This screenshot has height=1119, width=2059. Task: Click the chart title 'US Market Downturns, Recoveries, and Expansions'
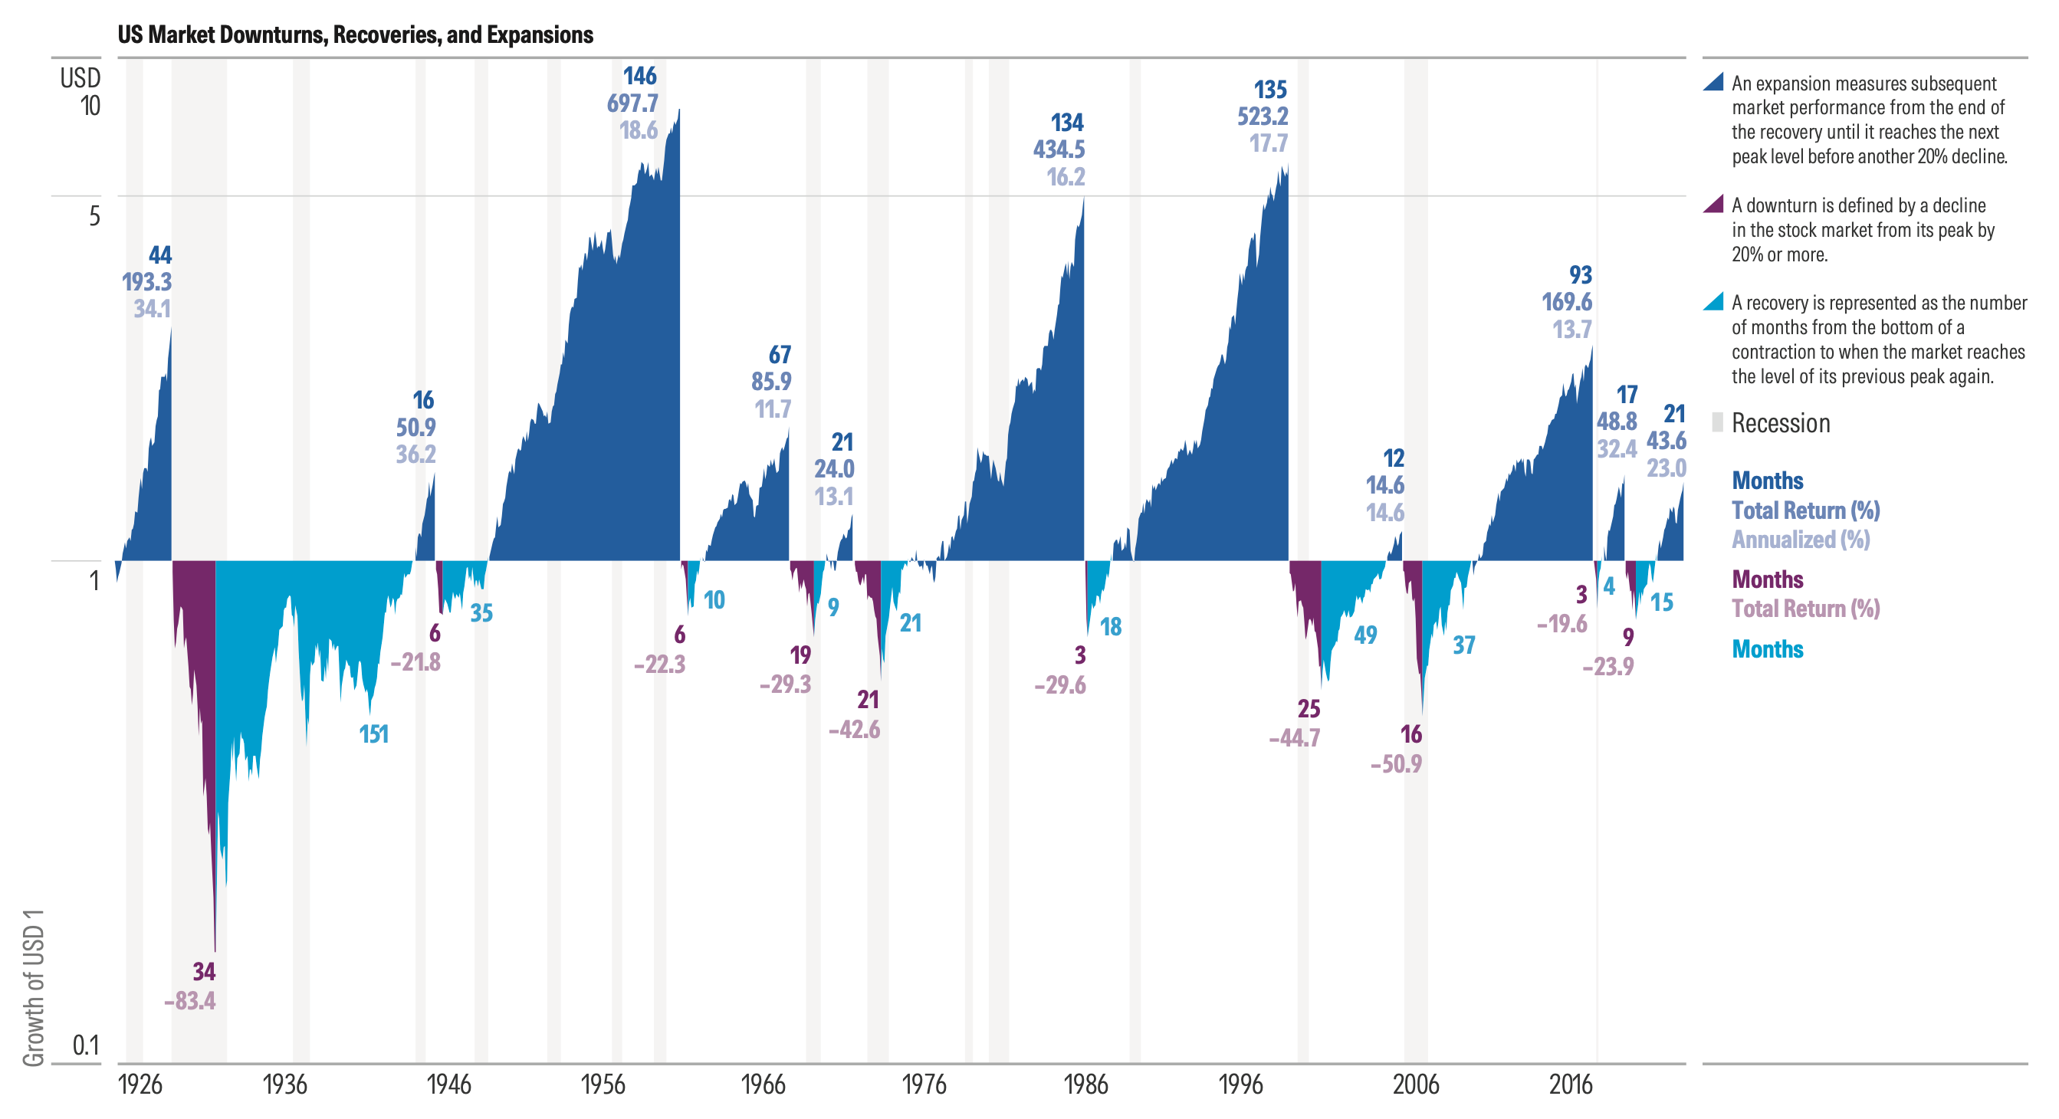point(355,35)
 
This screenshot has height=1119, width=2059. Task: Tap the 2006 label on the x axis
point(1416,1084)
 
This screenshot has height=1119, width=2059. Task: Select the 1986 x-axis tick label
point(1085,1084)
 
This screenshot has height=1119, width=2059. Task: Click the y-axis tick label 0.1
point(87,1045)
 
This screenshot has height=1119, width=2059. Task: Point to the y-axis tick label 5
point(94,216)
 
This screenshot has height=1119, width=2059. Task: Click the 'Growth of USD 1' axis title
point(34,987)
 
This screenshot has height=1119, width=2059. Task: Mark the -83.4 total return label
point(189,1001)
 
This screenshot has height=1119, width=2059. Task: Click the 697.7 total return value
point(632,103)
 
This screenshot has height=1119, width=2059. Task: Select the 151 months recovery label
point(373,733)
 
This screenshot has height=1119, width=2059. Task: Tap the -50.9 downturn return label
point(1396,764)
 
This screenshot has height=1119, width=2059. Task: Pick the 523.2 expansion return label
point(1263,116)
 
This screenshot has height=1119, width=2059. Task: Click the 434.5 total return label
point(1059,149)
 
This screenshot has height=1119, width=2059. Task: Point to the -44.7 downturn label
point(1294,738)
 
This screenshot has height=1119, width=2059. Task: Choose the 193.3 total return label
point(146,282)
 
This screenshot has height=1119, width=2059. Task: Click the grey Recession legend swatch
point(1717,422)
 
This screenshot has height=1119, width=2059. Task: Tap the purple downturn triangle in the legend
point(1713,204)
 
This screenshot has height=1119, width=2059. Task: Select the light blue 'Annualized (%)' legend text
point(1800,540)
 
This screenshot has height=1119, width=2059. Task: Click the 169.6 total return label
point(1567,302)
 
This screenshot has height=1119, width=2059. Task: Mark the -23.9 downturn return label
point(1608,666)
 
